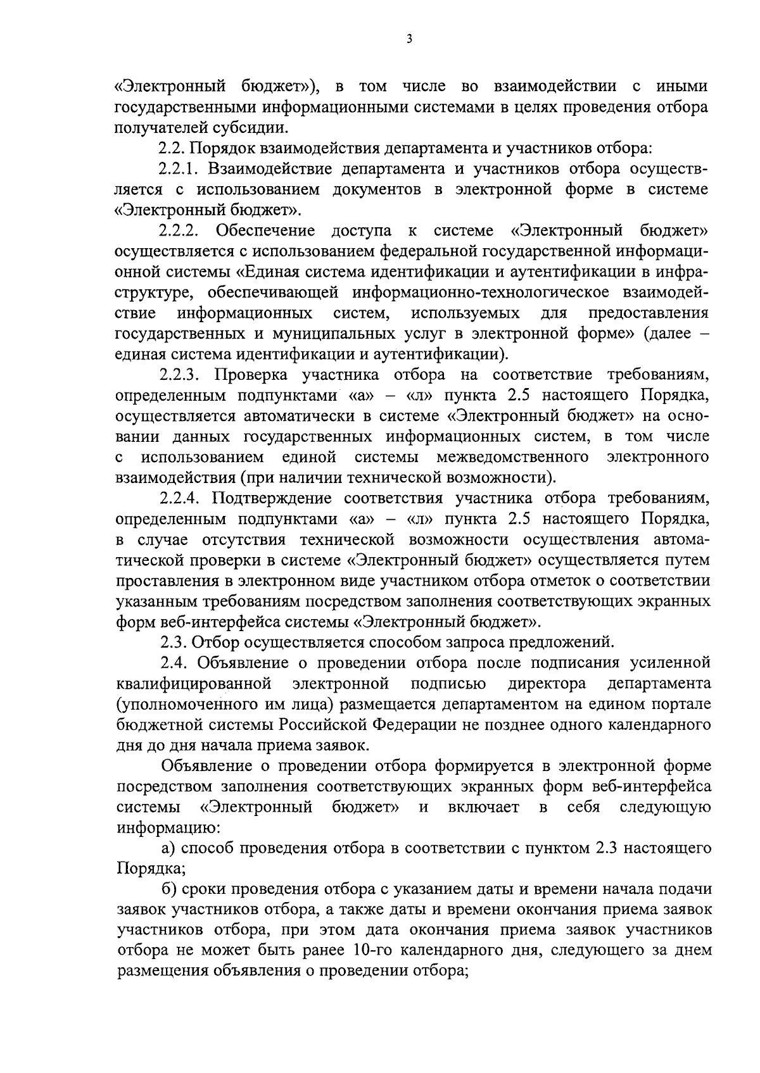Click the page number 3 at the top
tap(409, 39)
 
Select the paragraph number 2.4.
tap(174, 663)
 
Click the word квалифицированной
tap(195, 684)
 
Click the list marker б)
tap(169, 889)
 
